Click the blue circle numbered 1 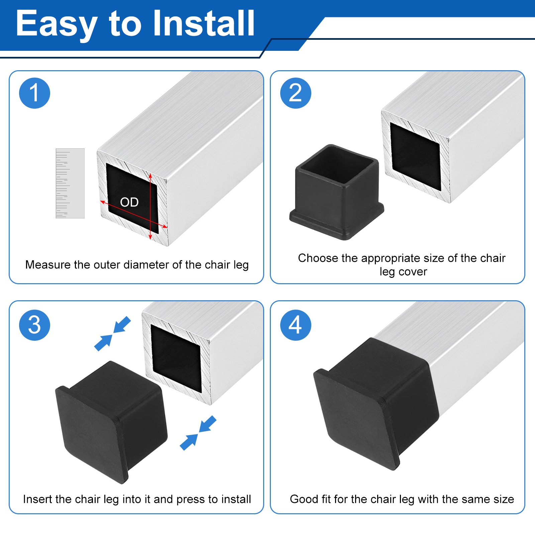point(35,93)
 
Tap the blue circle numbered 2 point(296,93)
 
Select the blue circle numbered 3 point(35,325)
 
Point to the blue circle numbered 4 point(296,325)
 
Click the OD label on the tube point(129,202)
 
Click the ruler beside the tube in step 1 point(70,183)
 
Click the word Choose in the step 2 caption point(318,258)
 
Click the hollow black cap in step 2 point(336,192)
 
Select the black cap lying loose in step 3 point(111,422)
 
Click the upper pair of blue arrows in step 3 point(113,334)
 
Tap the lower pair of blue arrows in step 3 point(198,433)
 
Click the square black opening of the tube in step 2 point(415,156)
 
